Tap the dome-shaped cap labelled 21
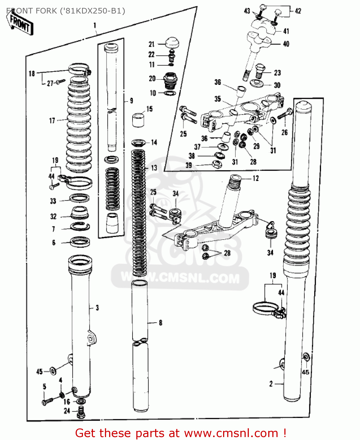click(x=172, y=43)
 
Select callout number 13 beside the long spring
click(x=154, y=168)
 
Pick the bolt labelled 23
click(x=259, y=71)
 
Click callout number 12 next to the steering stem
click(x=256, y=178)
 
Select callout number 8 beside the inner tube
click(x=160, y=323)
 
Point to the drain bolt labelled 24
click(x=81, y=412)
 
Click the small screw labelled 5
click(x=47, y=401)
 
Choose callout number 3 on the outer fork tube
click(x=97, y=308)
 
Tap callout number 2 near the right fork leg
click(x=271, y=384)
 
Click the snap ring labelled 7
click(x=80, y=226)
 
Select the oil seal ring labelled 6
click(x=80, y=242)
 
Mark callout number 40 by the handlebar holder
click(x=286, y=44)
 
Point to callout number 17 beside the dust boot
click(x=52, y=121)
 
